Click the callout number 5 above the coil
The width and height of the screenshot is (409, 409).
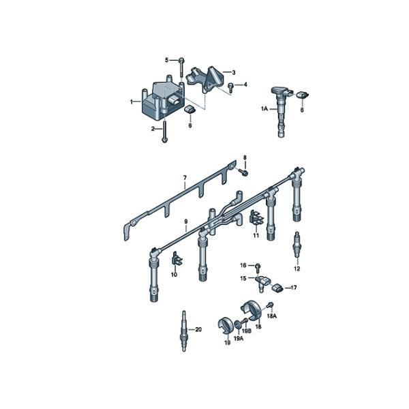167,60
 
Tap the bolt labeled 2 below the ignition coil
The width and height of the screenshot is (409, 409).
164,132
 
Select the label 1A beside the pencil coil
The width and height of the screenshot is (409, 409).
264,108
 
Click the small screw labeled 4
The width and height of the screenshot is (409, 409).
230,87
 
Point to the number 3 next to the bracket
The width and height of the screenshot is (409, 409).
234,72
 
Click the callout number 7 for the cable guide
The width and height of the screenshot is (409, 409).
185,178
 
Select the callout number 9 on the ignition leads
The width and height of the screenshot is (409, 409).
185,222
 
